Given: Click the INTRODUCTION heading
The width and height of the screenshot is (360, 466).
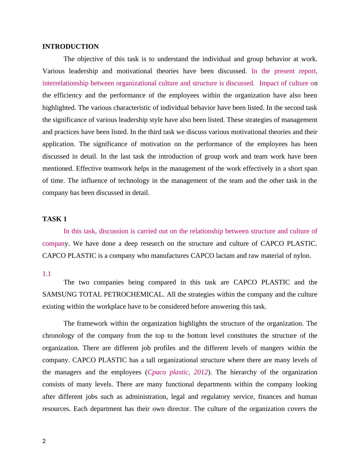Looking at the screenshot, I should (x=70, y=47).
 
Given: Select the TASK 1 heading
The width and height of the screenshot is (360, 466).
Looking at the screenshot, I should (x=54, y=219).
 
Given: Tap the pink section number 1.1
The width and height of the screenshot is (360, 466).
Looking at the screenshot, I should (x=47, y=274).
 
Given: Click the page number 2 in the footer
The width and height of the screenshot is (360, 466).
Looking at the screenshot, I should (x=44, y=441).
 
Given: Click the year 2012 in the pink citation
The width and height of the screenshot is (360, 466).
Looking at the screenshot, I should (x=201, y=372).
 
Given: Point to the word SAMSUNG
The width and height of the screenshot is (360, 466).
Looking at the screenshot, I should (x=59, y=294).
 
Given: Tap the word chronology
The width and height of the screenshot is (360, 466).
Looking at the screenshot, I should (x=58, y=336).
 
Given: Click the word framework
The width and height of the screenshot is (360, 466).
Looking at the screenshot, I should (x=92, y=323).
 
